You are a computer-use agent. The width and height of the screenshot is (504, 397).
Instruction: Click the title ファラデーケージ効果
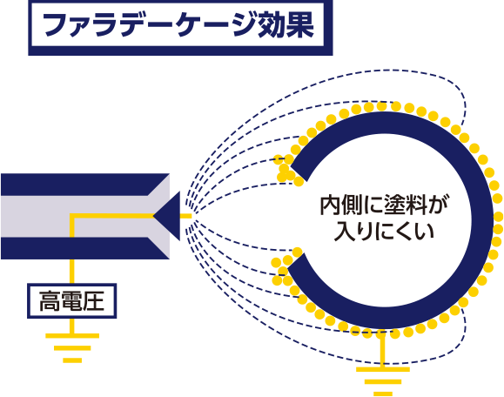[x=178, y=25]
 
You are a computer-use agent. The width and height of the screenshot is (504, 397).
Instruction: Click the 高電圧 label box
[x=71, y=301]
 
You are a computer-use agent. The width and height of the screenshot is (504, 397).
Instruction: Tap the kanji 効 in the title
[x=270, y=25]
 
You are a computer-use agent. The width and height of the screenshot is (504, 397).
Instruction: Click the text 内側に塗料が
[x=385, y=205]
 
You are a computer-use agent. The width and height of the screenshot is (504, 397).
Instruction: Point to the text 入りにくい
[x=384, y=231]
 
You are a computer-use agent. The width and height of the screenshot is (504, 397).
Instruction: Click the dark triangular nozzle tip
[x=166, y=216]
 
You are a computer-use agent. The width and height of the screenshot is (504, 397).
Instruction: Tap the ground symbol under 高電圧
[x=72, y=348]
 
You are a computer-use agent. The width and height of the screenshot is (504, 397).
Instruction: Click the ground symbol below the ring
[x=383, y=381]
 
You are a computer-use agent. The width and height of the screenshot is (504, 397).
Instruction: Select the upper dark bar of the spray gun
[x=85, y=185]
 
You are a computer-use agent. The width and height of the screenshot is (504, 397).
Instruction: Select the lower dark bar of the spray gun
[x=85, y=248]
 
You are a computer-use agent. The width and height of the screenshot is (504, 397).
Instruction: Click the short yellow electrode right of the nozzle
[x=185, y=216]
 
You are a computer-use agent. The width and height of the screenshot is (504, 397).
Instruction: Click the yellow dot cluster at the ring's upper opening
[x=288, y=171]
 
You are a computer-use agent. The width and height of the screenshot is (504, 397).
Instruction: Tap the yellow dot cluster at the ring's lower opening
[x=286, y=267]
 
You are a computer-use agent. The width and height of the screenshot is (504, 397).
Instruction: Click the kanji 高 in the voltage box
[x=50, y=301]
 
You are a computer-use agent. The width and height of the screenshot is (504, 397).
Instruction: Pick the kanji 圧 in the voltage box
[x=93, y=301]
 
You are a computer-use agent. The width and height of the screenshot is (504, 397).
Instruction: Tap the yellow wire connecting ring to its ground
[x=382, y=350]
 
